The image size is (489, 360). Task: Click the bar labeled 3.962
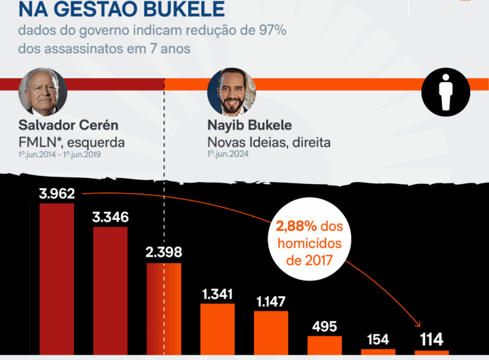pyautogui.click(x=56, y=278)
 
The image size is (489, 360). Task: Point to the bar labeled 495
pyautogui.click(x=325, y=344)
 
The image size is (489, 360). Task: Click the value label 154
pyautogui.click(x=378, y=340)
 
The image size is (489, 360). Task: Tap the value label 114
pyautogui.click(x=431, y=340)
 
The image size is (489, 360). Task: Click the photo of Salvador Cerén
pyautogui.click(x=42, y=92)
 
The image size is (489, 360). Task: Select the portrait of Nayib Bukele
pyautogui.click(x=231, y=92)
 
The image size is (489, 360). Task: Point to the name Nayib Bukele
pyautogui.click(x=249, y=126)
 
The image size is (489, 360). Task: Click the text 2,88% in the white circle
pyautogui.click(x=296, y=226)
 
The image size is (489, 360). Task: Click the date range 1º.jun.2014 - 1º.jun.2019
pyautogui.click(x=61, y=155)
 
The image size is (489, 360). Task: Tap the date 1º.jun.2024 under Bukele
pyautogui.click(x=228, y=155)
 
